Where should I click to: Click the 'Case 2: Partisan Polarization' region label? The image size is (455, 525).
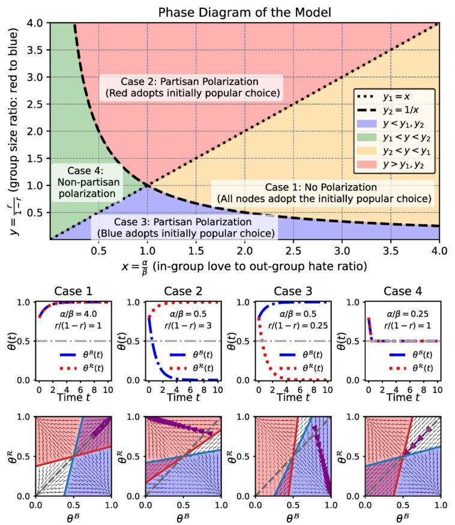pos(190,88)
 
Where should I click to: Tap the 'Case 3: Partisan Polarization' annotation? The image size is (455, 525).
pos(183,227)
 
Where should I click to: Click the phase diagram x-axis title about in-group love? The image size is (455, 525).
pos(246,264)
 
